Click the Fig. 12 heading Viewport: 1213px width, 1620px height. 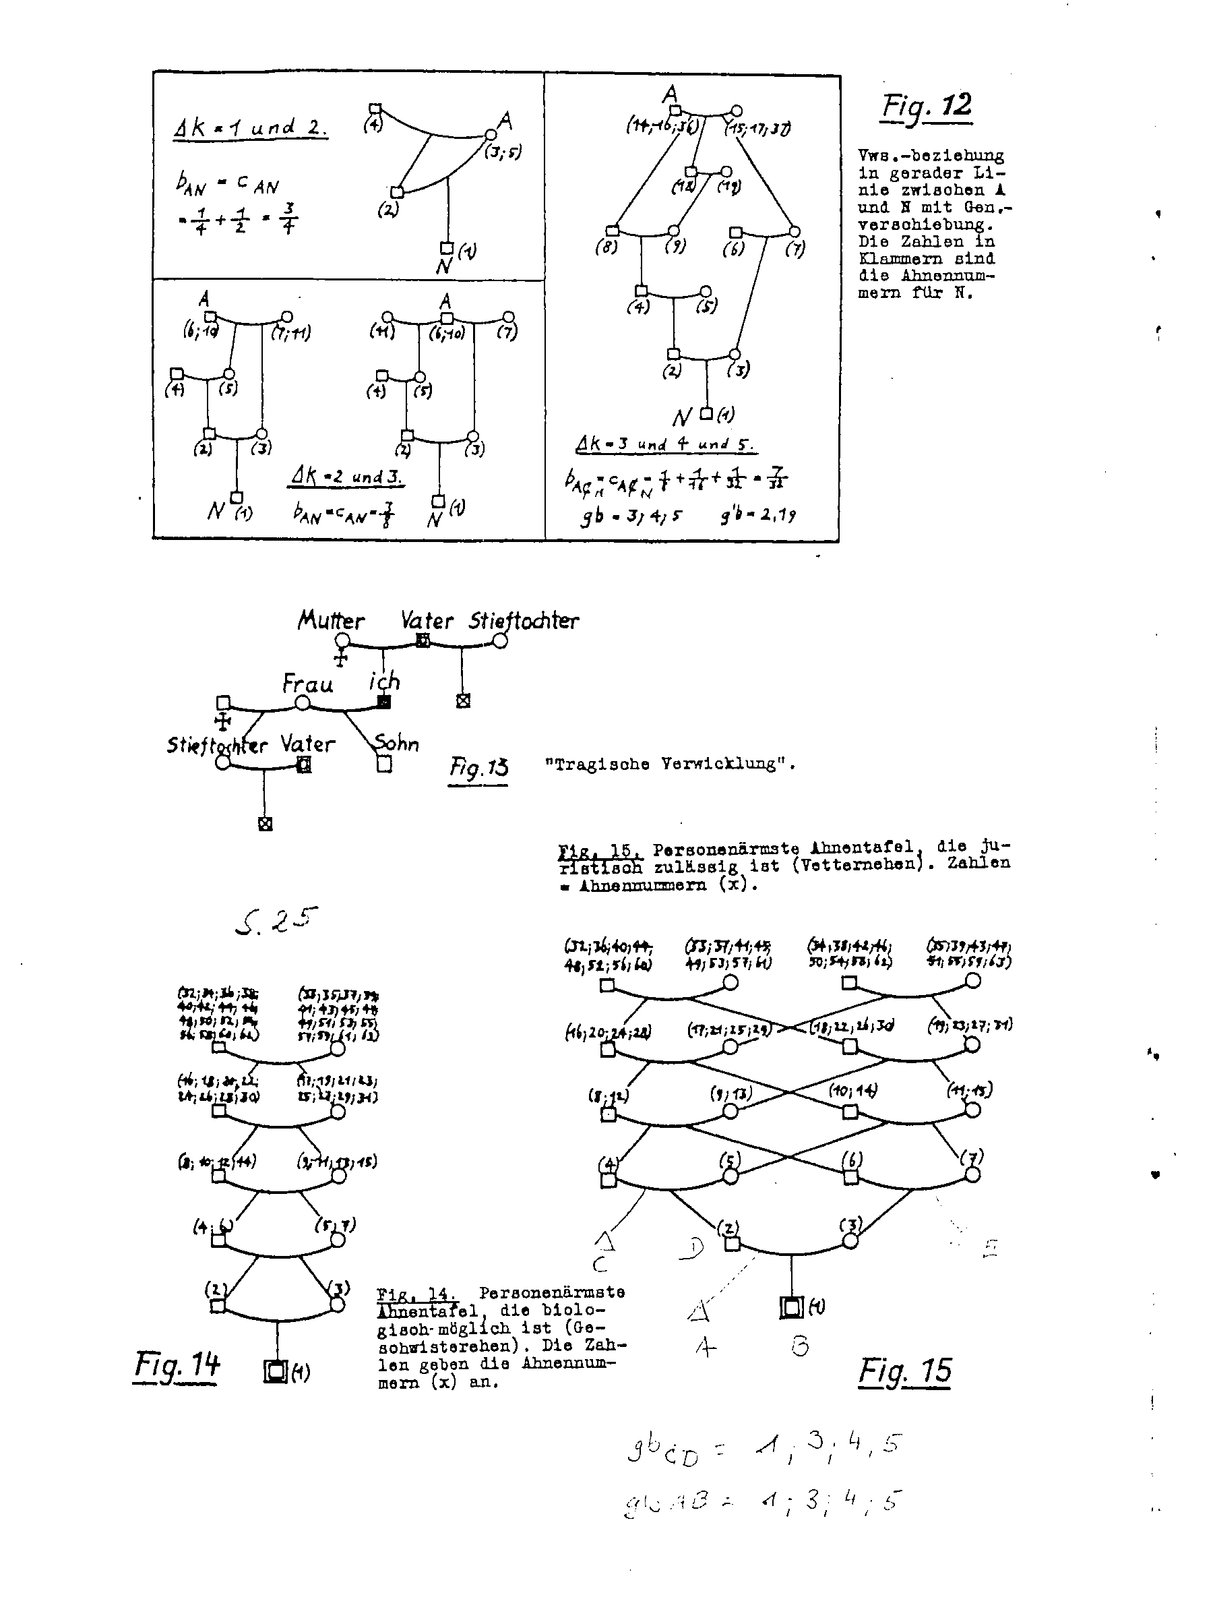(927, 107)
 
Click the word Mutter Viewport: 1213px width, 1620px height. (331, 620)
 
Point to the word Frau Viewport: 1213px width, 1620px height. (307, 684)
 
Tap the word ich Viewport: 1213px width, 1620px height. (384, 682)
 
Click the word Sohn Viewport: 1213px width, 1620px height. (397, 744)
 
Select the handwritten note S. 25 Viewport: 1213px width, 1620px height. (277, 920)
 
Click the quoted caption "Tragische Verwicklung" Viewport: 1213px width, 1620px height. (670, 764)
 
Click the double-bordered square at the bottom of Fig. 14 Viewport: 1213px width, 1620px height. (275, 1371)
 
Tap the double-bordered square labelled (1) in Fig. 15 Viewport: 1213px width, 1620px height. (790, 1307)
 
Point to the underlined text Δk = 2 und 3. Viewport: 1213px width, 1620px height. (346, 477)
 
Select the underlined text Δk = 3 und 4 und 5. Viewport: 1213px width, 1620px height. (664, 444)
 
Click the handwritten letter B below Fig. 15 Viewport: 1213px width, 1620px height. (800, 1346)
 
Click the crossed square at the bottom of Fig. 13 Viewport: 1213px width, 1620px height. (265, 824)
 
